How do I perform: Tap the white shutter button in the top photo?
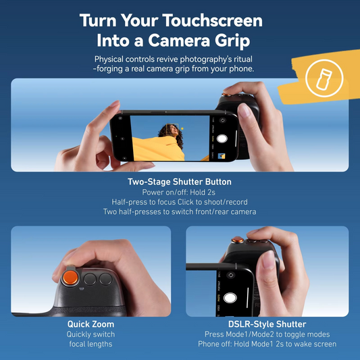tap(221, 140)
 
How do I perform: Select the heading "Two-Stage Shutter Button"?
tap(180, 182)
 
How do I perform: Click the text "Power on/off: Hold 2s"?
tap(180, 192)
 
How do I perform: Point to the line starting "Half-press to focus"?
tap(180, 201)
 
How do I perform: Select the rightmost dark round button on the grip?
tap(105, 278)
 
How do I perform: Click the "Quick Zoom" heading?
tap(91, 324)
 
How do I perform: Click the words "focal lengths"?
tap(91, 344)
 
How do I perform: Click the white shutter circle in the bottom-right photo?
tap(230, 297)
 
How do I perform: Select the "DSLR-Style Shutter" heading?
tap(267, 324)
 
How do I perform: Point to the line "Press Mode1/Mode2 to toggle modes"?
tap(267, 334)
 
